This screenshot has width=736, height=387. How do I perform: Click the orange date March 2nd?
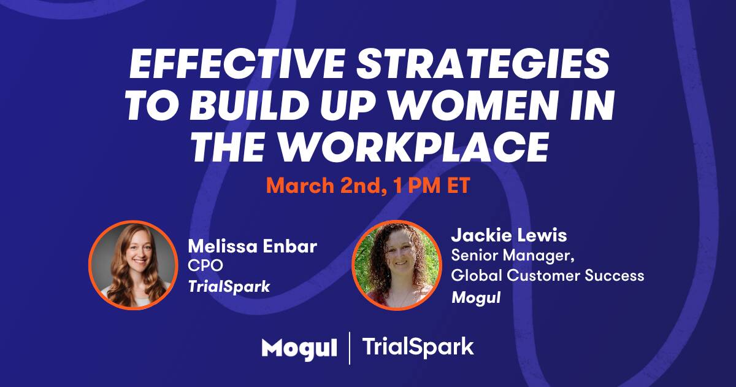tap(328, 186)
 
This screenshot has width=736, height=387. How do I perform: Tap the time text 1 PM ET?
tap(432, 186)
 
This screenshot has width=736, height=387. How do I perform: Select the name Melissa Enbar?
tap(252, 246)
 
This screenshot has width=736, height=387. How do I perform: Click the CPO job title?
tap(205, 265)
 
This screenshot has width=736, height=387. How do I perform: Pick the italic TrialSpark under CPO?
tap(229, 286)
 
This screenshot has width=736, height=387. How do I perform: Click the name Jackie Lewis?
tap(509, 235)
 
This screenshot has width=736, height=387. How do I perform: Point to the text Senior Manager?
tap(513, 256)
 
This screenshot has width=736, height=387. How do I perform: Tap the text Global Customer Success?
tap(547, 275)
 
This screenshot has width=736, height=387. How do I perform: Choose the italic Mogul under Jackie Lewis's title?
tap(476, 297)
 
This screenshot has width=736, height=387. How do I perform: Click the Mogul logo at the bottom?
tap(299, 348)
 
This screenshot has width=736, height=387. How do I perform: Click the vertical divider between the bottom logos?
tap(349, 348)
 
